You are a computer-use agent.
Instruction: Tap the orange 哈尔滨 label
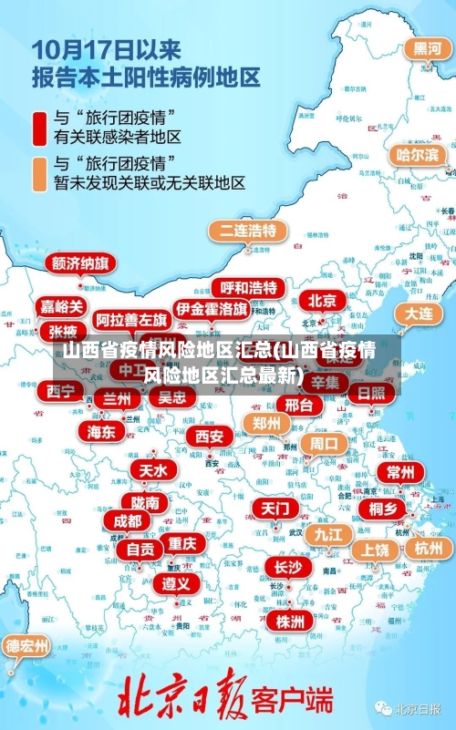[417, 155]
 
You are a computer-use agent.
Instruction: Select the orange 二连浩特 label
[247, 229]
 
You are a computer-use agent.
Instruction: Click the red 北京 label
[322, 300]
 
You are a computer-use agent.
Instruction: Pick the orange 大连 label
[419, 313]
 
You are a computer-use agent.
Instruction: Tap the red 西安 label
[209, 437]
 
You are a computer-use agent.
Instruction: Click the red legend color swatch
[40, 128]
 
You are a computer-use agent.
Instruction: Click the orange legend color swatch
[40, 173]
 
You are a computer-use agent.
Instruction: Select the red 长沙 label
[287, 567]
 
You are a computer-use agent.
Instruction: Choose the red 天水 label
[152, 470]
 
